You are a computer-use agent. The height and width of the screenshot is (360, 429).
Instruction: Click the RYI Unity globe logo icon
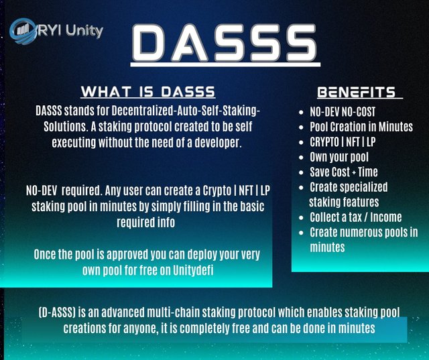[23, 31]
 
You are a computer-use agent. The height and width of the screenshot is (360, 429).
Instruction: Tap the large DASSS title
[225, 43]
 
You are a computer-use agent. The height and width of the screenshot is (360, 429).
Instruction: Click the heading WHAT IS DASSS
[148, 92]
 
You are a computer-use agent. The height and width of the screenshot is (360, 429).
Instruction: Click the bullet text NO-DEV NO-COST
[343, 111]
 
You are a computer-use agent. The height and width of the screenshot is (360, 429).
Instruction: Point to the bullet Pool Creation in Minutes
[361, 127]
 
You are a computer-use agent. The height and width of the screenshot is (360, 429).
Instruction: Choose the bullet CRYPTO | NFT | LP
[343, 141]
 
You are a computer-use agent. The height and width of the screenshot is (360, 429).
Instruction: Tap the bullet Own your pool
[339, 157]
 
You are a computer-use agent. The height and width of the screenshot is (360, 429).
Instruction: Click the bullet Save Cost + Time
[344, 172]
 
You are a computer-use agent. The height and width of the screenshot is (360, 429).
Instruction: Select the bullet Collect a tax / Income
[356, 217]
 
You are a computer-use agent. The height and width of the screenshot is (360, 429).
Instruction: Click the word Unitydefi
[193, 270]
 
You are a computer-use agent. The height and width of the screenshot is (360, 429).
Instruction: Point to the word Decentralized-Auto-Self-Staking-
[186, 111]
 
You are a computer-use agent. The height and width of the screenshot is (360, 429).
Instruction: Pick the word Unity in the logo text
[84, 31]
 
